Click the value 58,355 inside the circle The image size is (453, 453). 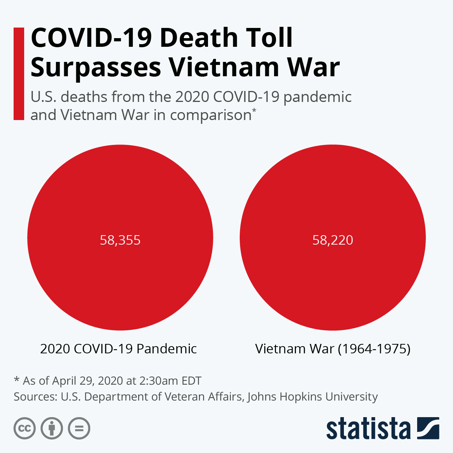[120, 240]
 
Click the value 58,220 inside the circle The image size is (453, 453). [333, 240]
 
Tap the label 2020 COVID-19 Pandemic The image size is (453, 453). [118, 348]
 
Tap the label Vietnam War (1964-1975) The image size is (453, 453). [333, 348]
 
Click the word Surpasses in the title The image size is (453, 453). [96, 68]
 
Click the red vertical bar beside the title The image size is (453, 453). [18, 74]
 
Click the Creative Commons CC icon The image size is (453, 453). [25, 428]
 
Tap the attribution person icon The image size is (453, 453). [52, 428]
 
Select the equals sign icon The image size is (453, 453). [79, 428]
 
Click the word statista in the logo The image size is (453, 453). [368, 429]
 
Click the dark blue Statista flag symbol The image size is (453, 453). [428, 428]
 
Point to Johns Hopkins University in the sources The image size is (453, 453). [312, 397]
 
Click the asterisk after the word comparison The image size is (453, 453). [254, 110]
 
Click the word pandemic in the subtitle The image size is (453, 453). [317, 97]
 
